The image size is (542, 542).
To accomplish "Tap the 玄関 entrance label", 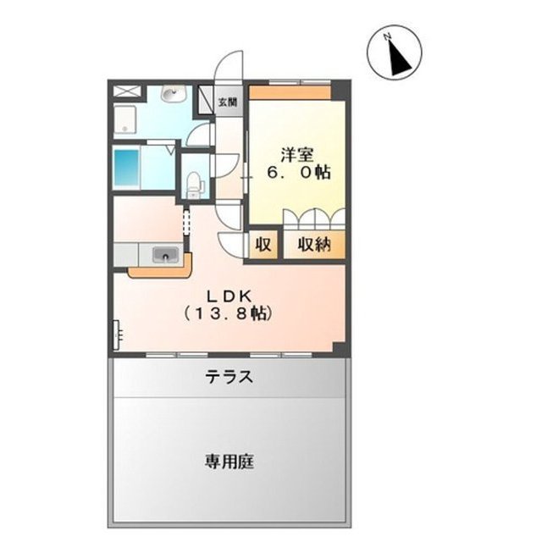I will point(228,102).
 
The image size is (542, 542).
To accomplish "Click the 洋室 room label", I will point(297,155).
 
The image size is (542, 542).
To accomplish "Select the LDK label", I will point(226,296).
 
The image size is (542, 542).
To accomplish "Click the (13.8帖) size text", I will point(226,313).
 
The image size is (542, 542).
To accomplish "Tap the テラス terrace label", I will point(230,378).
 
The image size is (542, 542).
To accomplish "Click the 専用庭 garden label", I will point(230,462).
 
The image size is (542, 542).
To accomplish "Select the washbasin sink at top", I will point(172,93).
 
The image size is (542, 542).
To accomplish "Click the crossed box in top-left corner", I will point(124,91).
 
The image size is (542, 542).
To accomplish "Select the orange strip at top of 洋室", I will point(290,91).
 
